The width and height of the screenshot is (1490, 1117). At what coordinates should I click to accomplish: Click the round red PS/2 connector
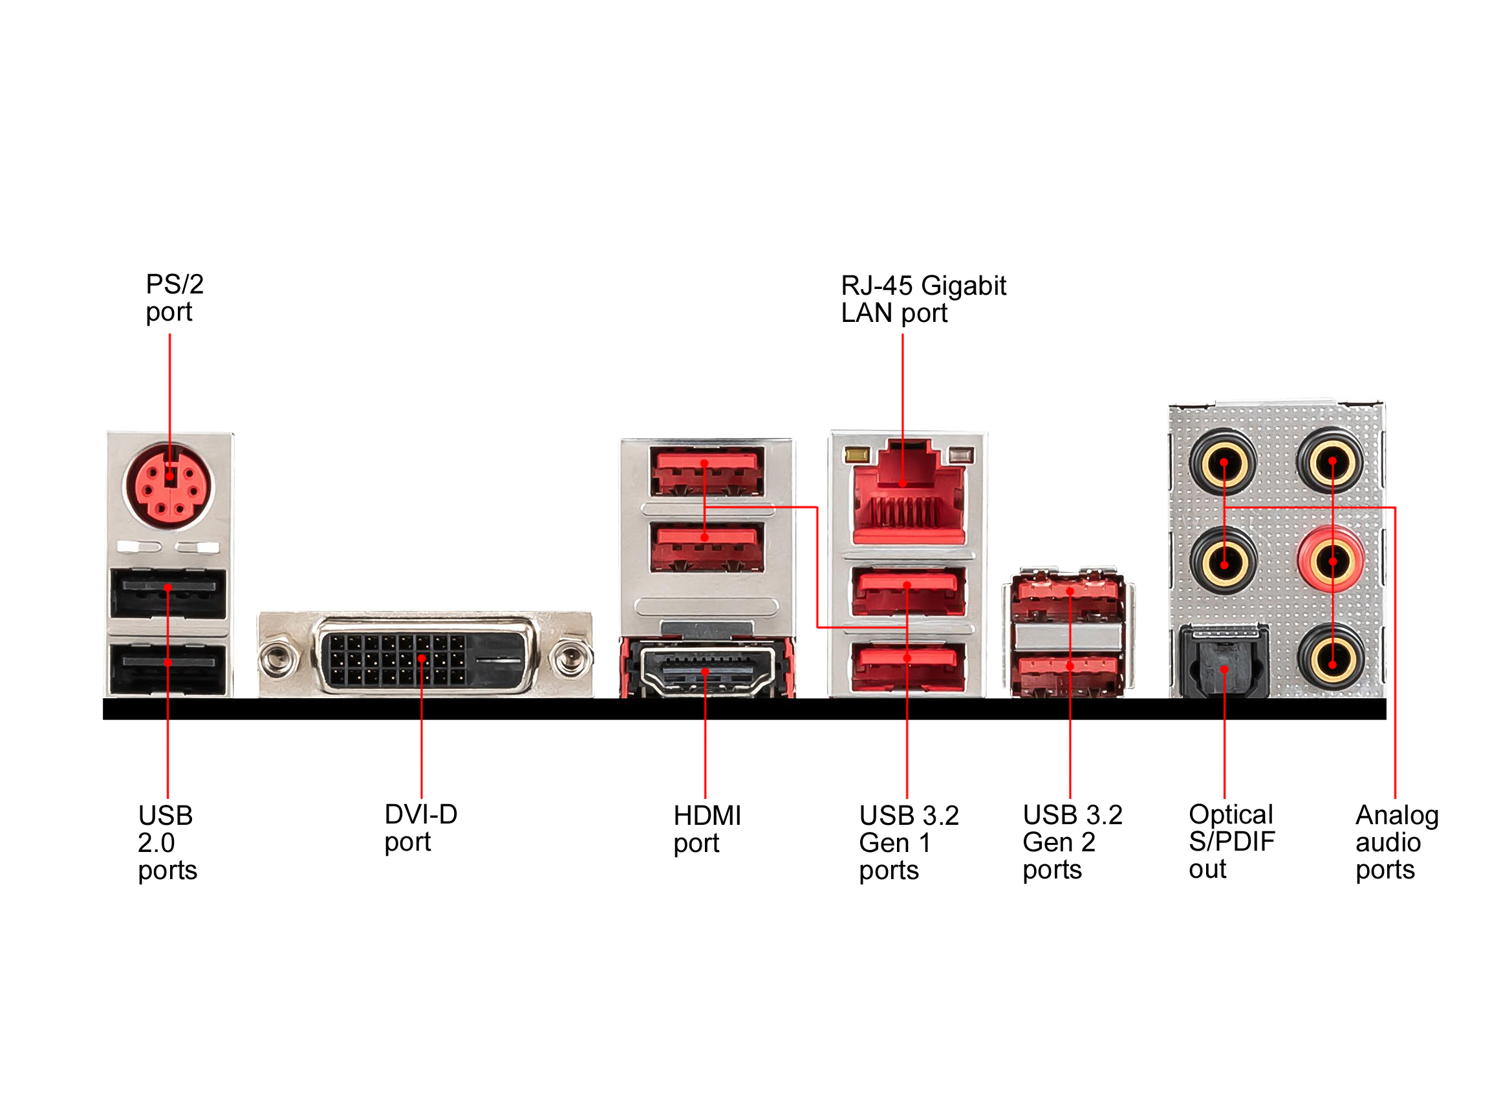point(167,486)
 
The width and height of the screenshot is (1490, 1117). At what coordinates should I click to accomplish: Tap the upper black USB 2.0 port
point(168,593)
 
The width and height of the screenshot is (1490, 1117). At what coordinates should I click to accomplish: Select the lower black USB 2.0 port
point(168,668)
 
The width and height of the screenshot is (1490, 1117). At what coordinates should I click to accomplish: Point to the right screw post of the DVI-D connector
point(570,658)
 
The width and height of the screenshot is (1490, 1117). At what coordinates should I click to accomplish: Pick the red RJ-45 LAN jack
point(908,502)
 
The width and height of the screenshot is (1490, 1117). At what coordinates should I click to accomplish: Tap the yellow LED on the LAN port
point(857,456)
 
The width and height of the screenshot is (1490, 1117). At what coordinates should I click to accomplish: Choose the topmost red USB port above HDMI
point(707,471)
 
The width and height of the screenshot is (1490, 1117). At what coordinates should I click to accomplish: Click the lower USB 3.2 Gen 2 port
point(1070,674)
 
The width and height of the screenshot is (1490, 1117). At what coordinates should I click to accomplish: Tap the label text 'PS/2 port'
point(174,297)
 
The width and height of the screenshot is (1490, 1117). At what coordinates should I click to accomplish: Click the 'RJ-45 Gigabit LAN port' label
point(923,299)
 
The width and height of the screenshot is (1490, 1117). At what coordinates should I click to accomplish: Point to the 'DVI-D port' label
point(420,827)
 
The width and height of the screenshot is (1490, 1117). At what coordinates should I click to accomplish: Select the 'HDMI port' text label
point(707,829)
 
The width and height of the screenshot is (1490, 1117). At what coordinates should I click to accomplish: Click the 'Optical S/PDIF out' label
point(1231,841)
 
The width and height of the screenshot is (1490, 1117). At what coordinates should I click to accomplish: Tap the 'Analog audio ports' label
point(1396,842)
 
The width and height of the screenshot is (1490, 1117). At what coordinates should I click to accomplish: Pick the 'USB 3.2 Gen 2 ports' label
point(1072,842)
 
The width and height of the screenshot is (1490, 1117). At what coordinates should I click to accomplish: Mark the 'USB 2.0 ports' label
point(167,842)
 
